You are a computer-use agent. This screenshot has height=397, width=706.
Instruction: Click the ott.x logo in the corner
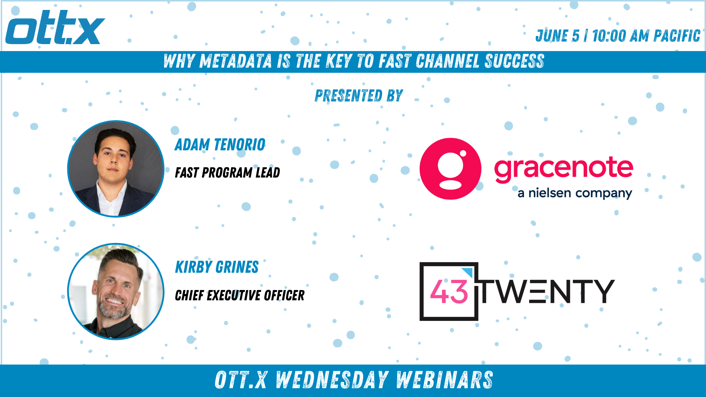pyautogui.click(x=55, y=28)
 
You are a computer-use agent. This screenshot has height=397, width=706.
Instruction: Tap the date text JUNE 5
pyautogui.click(x=557, y=36)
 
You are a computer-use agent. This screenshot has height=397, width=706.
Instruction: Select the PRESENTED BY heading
pyautogui.click(x=359, y=96)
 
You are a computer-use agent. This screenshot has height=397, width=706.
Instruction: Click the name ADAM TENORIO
pyautogui.click(x=220, y=144)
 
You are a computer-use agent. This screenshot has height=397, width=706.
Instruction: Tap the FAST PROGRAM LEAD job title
pyautogui.click(x=227, y=172)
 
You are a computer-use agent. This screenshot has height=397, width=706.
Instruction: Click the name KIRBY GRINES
pyautogui.click(x=217, y=267)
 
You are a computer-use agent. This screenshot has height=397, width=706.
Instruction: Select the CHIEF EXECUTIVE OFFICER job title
pyautogui.click(x=239, y=295)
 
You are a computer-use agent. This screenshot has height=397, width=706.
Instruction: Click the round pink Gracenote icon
pyautogui.click(x=450, y=169)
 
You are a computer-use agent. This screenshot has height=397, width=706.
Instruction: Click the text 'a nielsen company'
pyautogui.click(x=575, y=193)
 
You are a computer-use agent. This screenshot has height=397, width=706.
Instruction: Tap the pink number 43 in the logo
pyautogui.click(x=449, y=292)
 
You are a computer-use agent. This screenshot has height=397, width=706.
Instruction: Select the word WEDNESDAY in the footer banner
pyautogui.click(x=332, y=380)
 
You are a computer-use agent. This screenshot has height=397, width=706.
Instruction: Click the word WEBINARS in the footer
pyautogui.click(x=445, y=380)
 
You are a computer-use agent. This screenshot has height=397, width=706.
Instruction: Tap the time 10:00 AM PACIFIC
pyautogui.click(x=646, y=36)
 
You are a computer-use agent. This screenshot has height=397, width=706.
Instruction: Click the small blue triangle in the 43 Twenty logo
pyautogui.click(x=468, y=272)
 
